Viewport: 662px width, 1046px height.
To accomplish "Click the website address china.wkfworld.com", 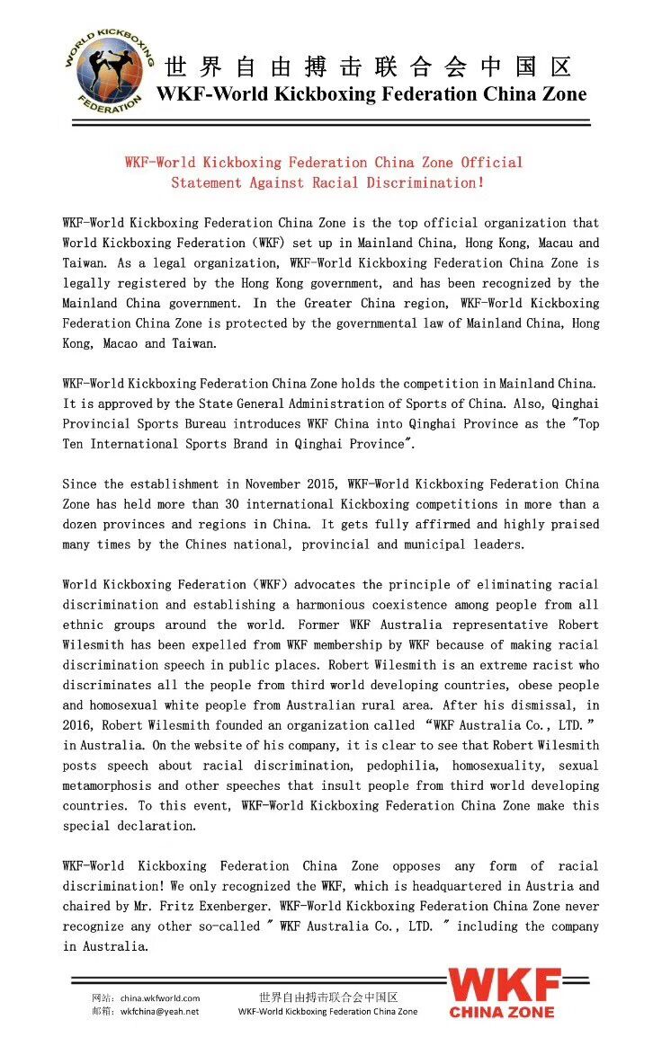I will click(x=159, y=997).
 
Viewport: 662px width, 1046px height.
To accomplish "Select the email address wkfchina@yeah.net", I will click(x=159, y=1011).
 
